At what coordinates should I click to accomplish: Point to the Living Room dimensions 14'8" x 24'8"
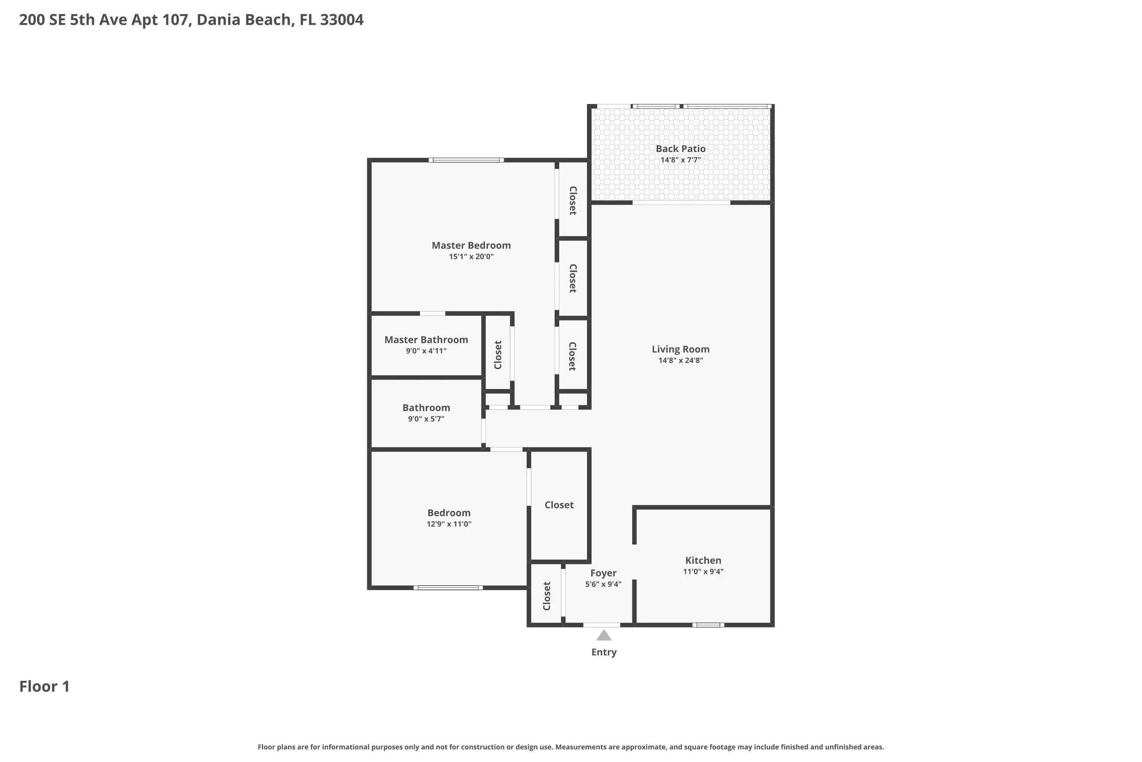[x=680, y=360]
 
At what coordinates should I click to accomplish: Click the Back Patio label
[x=680, y=149]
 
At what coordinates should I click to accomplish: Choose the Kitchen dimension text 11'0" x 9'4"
[x=703, y=571]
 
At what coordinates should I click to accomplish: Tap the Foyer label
[x=603, y=573]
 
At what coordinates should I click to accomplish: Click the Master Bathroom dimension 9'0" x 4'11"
[x=426, y=351]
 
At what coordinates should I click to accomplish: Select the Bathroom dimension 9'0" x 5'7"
[x=426, y=419]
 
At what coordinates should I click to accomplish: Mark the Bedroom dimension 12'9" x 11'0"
[x=449, y=524]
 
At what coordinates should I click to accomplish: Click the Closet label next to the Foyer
[x=547, y=596]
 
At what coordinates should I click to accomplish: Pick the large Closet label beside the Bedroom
[x=559, y=505]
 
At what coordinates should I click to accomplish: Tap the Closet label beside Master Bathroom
[x=498, y=355]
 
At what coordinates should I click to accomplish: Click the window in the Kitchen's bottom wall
[x=708, y=625]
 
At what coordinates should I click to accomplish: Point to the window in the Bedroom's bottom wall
[x=448, y=588]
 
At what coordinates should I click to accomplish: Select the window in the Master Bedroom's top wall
[x=466, y=160]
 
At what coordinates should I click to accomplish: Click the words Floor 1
[x=44, y=687]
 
